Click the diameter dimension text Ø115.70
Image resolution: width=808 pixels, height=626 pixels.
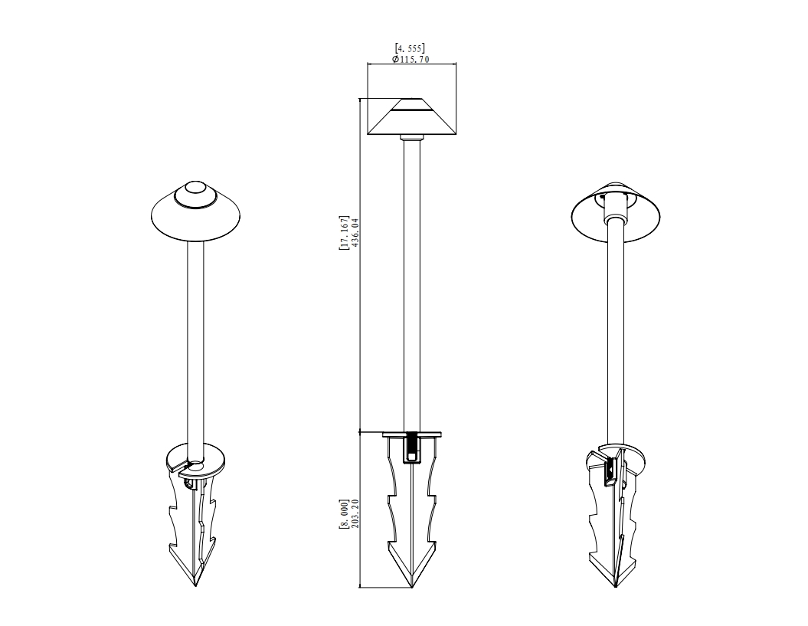tap(411, 59)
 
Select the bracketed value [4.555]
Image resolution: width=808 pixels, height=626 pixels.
tap(410, 48)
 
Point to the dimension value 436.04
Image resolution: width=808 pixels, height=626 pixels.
tap(355, 233)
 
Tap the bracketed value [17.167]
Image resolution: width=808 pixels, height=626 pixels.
tap(344, 233)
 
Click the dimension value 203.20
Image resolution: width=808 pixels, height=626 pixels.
tap(355, 513)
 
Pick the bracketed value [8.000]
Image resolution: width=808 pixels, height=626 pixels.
tap(344, 513)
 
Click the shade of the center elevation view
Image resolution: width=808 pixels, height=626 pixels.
tap(412, 116)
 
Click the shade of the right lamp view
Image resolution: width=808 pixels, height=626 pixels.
tap(616, 227)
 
